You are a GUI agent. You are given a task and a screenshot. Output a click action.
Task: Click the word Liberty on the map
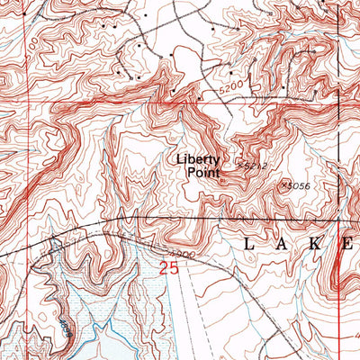tap(197, 159)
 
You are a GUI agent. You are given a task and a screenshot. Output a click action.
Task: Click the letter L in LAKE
tap(249, 244)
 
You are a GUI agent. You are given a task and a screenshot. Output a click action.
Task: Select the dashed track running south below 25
tap(184, 306)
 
